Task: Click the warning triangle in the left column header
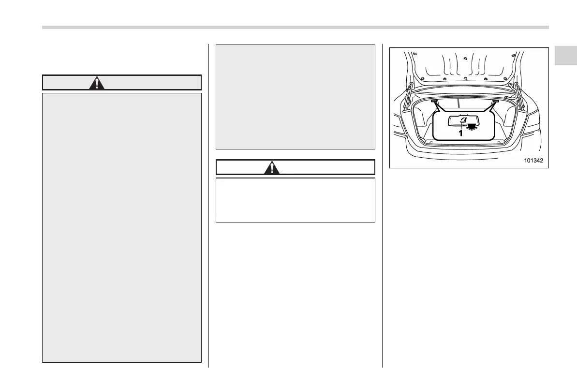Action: [x=98, y=83]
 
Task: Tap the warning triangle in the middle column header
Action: [x=273, y=167]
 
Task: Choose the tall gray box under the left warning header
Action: [x=122, y=227]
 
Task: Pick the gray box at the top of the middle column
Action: [x=295, y=97]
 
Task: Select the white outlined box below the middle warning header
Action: [x=295, y=200]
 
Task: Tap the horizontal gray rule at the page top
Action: [x=295, y=27]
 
